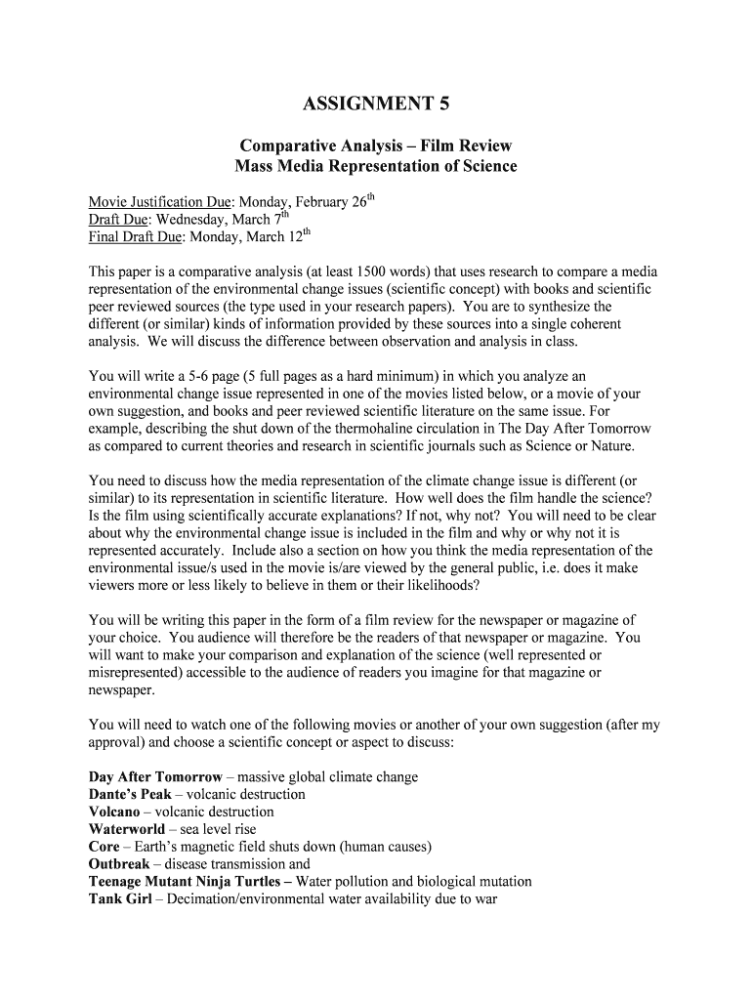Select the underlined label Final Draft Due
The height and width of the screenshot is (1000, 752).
pos(136,236)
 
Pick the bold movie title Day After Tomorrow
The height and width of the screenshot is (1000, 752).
pos(155,777)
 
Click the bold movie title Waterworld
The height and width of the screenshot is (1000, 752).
pos(126,829)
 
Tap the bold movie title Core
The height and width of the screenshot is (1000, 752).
pos(104,847)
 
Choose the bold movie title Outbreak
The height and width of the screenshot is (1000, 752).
pos(119,864)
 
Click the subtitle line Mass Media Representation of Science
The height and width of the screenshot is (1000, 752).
pos(376,166)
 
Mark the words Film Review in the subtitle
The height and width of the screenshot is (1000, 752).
pos(462,146)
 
